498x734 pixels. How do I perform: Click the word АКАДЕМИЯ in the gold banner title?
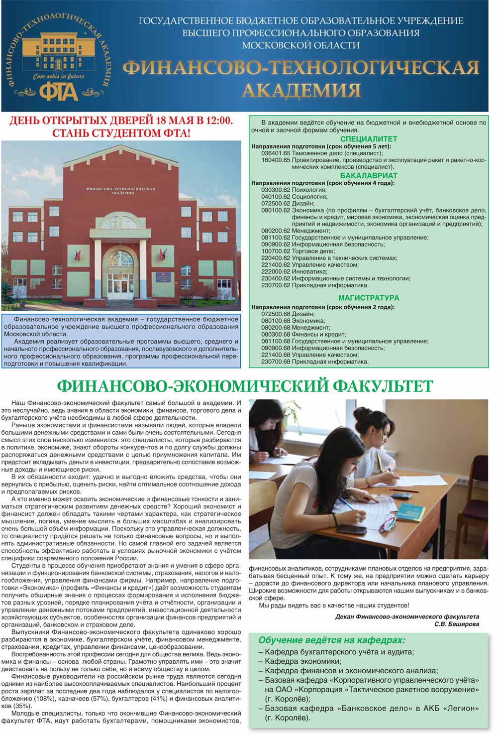click(301, 90)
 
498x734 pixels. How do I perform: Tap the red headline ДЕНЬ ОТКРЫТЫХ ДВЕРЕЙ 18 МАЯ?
click(121, 121)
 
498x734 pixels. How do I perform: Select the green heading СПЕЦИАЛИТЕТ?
click(368, 139)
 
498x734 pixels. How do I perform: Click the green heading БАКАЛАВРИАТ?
click(368, 175)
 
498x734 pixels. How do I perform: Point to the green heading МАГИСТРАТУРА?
click(368, 297)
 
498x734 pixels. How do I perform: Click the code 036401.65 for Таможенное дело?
click(276, 153)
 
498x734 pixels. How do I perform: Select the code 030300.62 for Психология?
click(276, 190)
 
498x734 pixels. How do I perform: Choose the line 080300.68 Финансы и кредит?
click(303, 335)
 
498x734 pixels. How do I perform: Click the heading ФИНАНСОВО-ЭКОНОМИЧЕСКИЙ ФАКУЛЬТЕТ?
click(245, 386)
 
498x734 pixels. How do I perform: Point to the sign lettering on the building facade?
click(120, 191)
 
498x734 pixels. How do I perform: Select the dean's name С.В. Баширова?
click(456, 623)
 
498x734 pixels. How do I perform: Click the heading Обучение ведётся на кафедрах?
click(332, 640)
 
